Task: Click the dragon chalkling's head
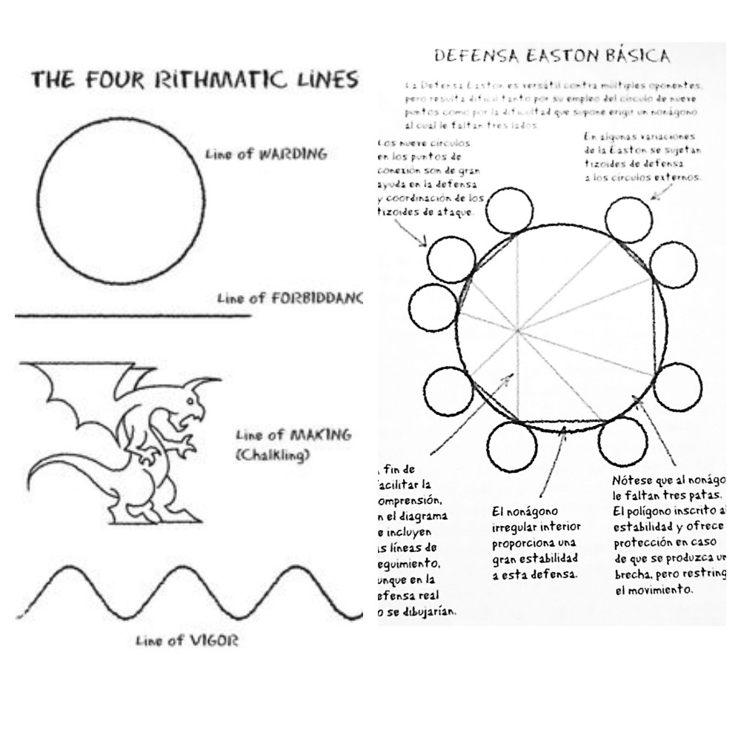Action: tap(194, 402)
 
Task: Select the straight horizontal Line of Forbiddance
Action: tap(133, 316)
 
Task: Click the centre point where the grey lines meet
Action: tap(516, 328)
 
